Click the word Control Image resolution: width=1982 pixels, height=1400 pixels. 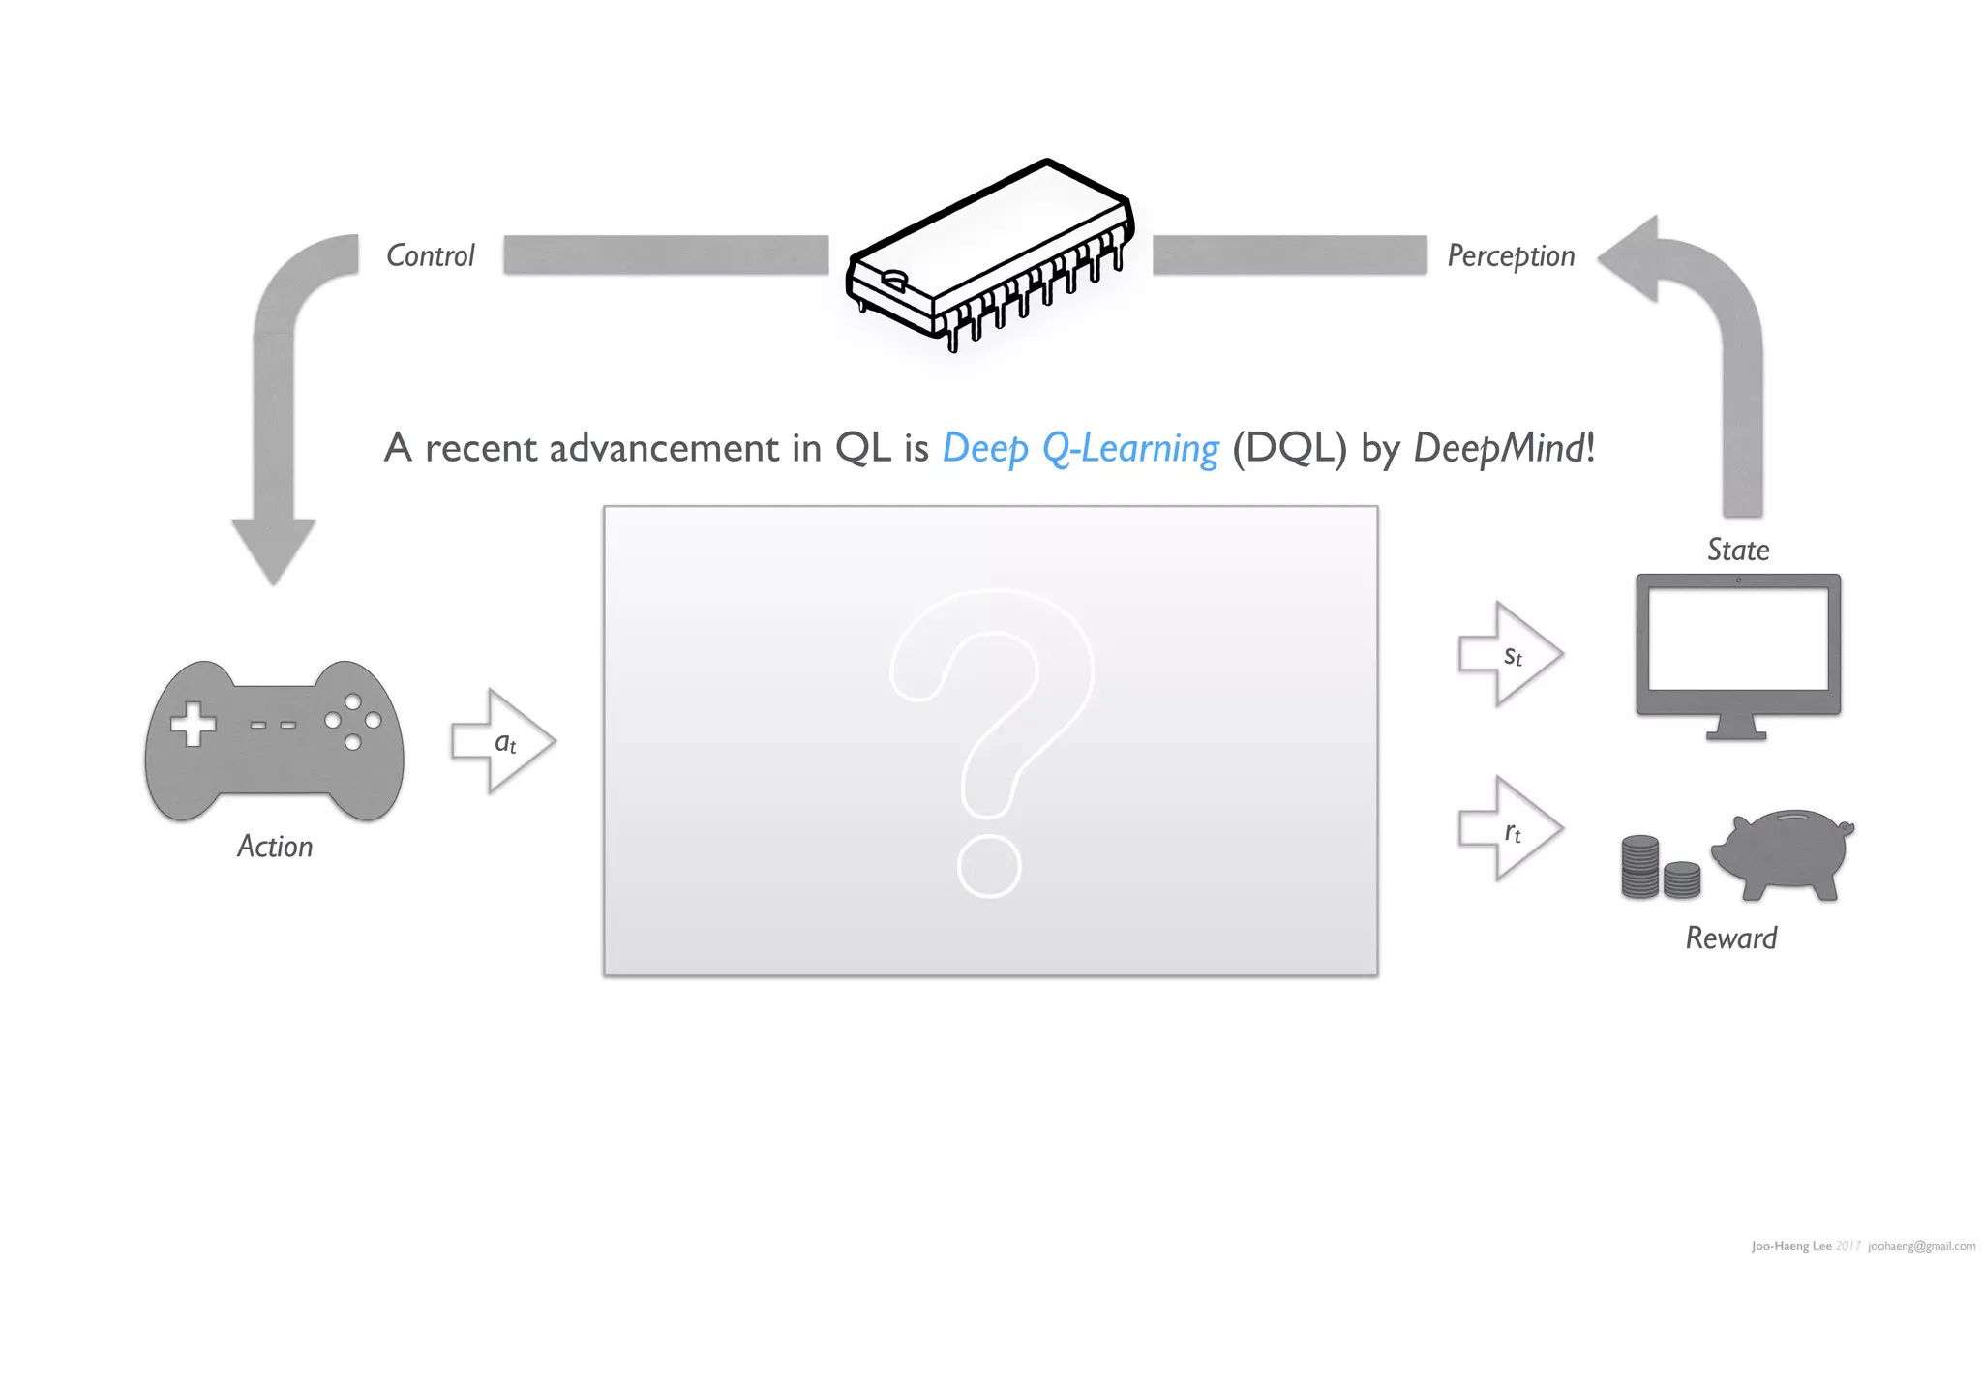coord(430,255)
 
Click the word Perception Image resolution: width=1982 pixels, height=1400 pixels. coord(1510,255)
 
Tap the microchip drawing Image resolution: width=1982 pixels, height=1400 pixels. coord(990,253)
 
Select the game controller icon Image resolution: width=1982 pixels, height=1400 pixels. coord(274,741)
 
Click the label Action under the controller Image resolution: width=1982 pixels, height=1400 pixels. coord(275,847)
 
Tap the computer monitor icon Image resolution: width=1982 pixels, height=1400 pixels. coord(1738,654)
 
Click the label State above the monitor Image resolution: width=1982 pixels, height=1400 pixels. coord(1738,551)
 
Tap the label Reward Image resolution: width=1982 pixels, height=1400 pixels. coord(1731,938)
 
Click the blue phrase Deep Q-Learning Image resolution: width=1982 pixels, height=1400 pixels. coord(1080,449)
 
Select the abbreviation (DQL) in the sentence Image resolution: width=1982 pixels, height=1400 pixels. coord(1289,449)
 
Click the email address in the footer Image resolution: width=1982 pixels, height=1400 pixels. coord(1921,1246)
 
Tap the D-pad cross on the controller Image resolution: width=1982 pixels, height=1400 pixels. coord(193,724)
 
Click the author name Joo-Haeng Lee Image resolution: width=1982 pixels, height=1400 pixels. coord(1790,1246)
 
